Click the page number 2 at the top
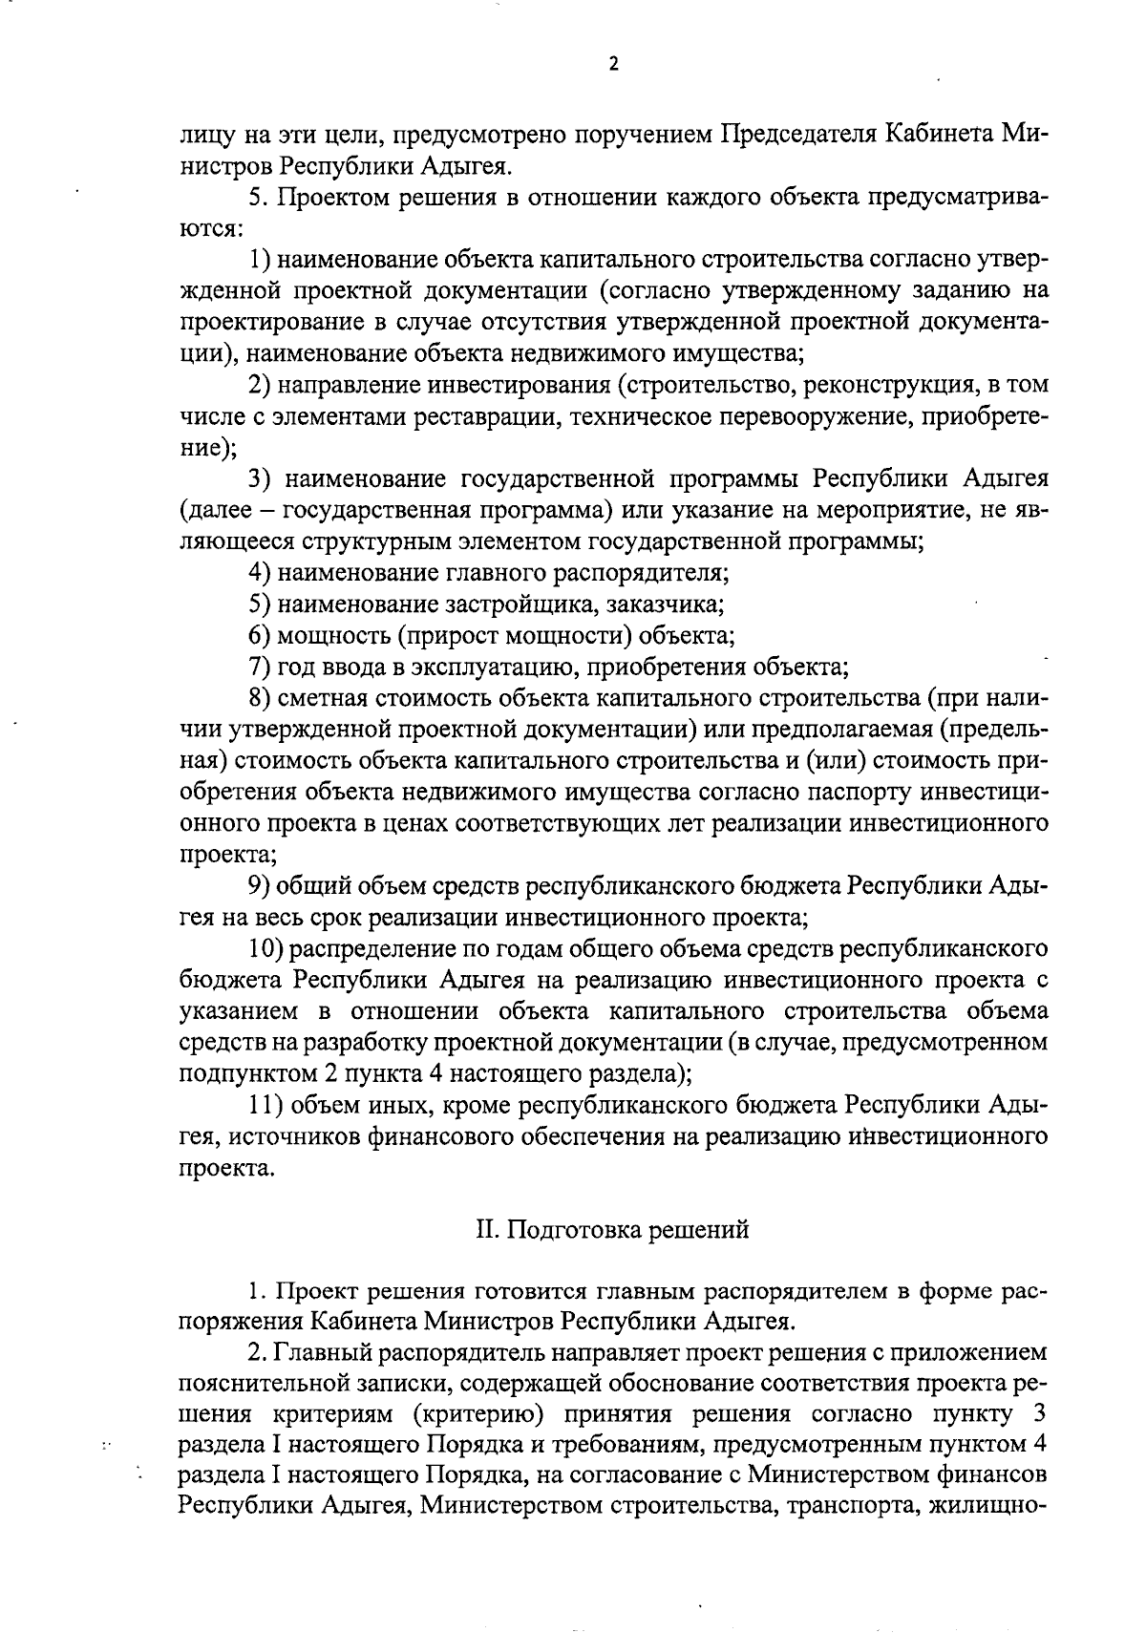[614, 64]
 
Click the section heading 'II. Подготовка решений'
[612, 1229]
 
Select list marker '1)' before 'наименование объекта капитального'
[262, 260]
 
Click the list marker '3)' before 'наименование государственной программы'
[262, 478]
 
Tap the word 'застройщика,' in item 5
[506, 604]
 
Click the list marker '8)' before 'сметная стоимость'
[262, 698]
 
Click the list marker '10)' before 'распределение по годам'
[266, 948]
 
